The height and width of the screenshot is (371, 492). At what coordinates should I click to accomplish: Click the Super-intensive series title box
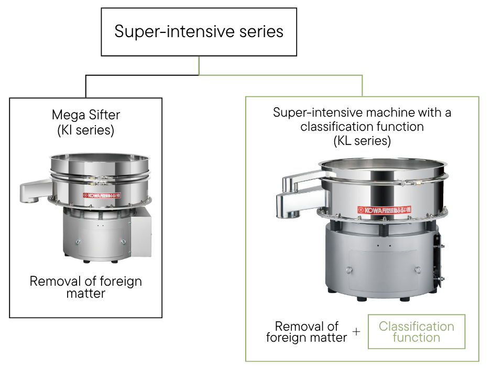(x=199, y=31)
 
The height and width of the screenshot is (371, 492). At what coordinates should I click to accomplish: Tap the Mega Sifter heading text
(x=86, y=115)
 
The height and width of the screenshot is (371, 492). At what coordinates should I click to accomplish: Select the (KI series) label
(x=86, y=130)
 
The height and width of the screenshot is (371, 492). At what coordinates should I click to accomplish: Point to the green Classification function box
(x=417, y=332)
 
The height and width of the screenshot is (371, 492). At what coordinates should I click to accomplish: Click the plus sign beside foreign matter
(x=357, y=332)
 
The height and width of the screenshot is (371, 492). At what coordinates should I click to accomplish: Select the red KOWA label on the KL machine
(x=386, y=209)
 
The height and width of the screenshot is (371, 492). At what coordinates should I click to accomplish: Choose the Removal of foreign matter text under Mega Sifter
(x=86, y=287)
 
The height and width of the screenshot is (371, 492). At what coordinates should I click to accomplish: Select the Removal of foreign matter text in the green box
(x=307, y=332)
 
